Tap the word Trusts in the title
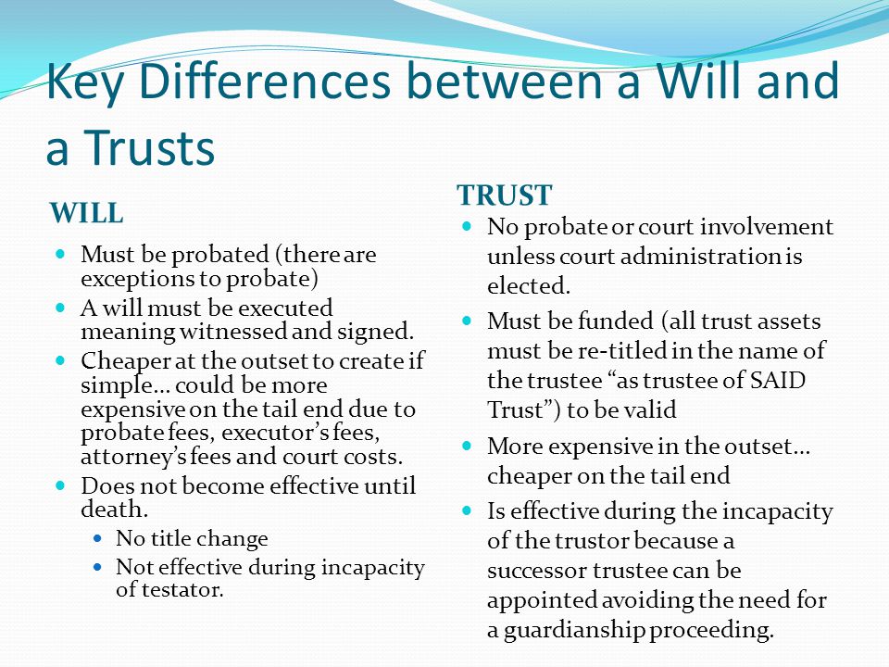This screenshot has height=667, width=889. click(x=150, y=147)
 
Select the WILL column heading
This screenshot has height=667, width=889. click(x=86, y=213)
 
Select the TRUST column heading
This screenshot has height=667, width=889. click(x=504, y=195)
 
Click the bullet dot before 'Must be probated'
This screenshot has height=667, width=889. click(x=61, y=254)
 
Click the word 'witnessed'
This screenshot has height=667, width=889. click(x=233, y=332)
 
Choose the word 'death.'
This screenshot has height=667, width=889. click(x=115, y=509)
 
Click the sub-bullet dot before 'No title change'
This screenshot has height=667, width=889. click(x=99, y=537)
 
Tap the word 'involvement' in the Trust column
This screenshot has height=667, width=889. click(x=767, y=226)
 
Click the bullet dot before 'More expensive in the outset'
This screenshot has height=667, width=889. click(x=467, y=446)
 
